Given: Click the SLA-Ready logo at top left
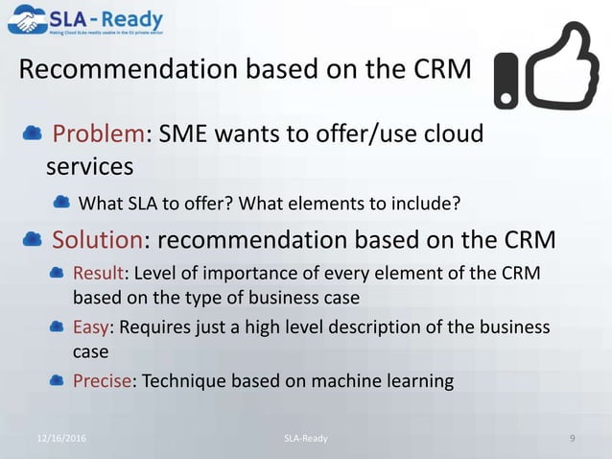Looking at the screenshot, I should pyautogui.click(x=85, y=20).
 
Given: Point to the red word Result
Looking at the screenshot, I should pyautogui.click(x=100, y=275).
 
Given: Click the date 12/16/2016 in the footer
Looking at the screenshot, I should pyautogui.click(x=66, y=439).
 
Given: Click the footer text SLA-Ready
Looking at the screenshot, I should pyautogui.click(x=305, y=439).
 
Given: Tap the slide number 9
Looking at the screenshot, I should pyautogui.click(x=572, y=439).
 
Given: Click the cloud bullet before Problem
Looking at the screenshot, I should pyautogui.click(x=31, y=133).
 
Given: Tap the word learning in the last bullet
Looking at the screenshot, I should pyautogui.click(x=416, y=381).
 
